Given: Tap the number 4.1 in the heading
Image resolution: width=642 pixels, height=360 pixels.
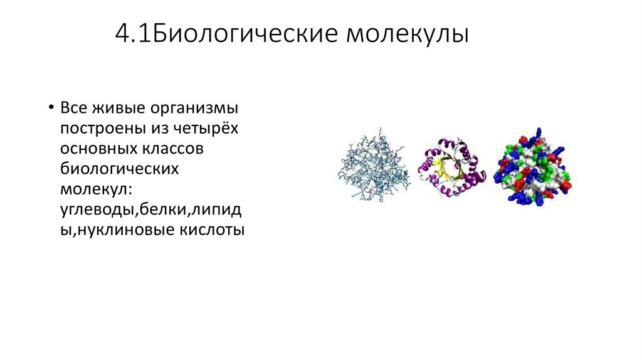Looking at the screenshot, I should [131, 34].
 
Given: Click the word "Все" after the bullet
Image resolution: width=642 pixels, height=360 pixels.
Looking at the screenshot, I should [73, 109].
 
